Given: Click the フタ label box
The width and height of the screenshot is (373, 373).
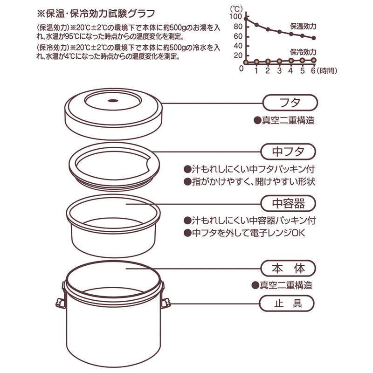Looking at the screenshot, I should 290,102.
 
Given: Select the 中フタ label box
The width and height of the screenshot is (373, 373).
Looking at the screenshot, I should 288,152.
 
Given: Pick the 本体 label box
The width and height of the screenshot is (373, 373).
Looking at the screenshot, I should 288,269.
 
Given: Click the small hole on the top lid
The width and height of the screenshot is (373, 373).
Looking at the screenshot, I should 113,101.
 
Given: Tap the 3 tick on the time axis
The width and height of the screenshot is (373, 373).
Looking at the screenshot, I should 279,70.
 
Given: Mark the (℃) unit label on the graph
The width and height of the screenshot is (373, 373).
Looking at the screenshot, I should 237,8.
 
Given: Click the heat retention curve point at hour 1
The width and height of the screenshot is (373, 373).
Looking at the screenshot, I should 256,25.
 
